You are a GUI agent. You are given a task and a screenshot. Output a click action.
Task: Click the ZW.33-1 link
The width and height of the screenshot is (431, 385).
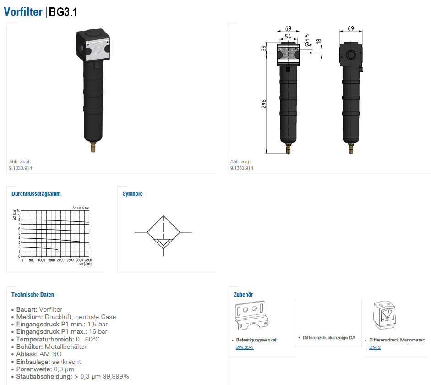tap(245, 347)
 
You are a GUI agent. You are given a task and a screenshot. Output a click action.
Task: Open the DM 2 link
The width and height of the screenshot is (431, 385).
tap(375, 347)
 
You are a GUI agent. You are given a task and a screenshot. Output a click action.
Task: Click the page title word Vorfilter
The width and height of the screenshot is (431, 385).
tap(23, 12)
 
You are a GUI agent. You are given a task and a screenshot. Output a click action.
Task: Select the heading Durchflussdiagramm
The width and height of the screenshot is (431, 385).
tap(36, 194)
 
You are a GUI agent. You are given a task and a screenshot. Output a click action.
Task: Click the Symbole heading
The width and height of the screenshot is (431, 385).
tap(132, 194)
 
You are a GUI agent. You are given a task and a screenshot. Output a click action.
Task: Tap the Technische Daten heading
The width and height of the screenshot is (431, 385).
tap(33, 295)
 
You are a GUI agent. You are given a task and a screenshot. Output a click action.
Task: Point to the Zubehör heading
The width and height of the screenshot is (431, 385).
tap(243, 295)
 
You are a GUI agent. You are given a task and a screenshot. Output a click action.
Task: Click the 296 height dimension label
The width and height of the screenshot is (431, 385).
tap(264, 104)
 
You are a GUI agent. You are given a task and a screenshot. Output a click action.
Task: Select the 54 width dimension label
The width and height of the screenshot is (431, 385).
tap(288, 36)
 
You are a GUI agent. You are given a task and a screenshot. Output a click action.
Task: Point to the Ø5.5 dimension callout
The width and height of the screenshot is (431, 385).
tap(307, 40)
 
